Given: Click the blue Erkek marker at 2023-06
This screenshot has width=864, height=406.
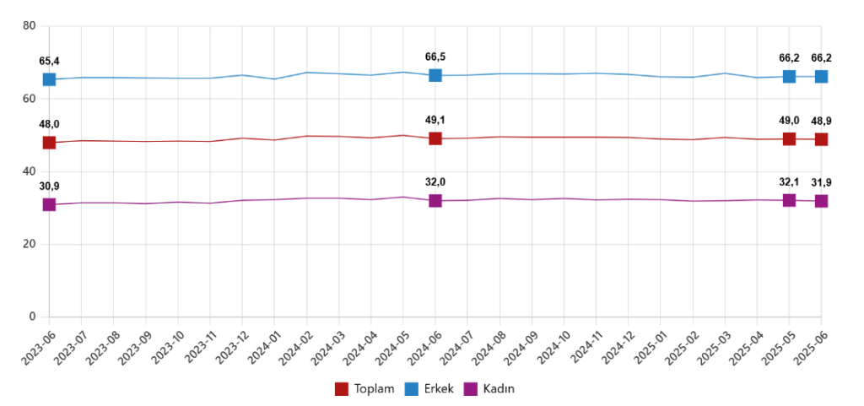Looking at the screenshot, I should pos(49,79).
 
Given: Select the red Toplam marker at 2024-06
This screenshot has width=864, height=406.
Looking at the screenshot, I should pos(435,138).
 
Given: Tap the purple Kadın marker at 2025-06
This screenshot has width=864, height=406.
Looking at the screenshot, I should pos(821,201).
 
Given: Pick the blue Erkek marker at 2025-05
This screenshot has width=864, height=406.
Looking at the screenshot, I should pos(789,77).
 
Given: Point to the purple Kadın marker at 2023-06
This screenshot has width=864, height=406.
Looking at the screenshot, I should pos(49,205).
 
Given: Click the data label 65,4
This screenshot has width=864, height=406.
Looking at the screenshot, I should pos(50,62).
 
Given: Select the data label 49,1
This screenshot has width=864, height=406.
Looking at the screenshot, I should pos(435,120).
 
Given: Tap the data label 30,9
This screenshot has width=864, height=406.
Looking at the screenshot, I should pos(50,187).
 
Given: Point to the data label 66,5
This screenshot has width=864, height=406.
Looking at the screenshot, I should pos(435,57).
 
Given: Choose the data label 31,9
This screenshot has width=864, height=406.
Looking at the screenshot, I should pos(821,183).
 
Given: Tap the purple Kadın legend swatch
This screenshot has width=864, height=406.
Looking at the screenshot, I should pos(472,389).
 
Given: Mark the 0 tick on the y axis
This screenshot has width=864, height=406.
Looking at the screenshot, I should pos(32,317).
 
